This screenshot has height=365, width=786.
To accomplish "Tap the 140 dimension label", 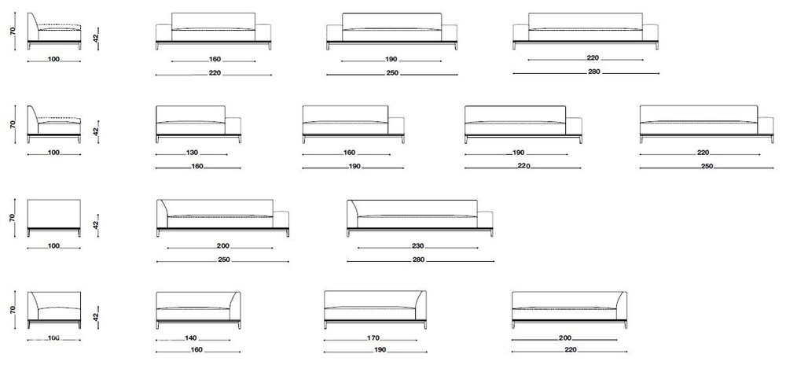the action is click(190, 338).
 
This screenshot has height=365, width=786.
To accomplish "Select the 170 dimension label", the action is click(373, 338).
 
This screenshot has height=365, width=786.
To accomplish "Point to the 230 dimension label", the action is click(418, 246).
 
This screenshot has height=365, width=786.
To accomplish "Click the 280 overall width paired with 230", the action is click(419, 260).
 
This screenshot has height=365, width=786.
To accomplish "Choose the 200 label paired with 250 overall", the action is click(223, 246).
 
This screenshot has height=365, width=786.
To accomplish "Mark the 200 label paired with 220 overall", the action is click(565, 338).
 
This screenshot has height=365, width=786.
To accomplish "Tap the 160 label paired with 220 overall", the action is click(215, 60).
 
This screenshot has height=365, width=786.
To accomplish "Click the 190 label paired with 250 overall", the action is click(391, 60).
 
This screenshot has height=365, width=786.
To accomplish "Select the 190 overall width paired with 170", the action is click(380, 351).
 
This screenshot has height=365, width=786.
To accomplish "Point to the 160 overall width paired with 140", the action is click(197, 351).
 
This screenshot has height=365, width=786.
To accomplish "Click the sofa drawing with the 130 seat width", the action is click(199, 124).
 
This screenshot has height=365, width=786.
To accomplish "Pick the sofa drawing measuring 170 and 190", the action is click(376, 310).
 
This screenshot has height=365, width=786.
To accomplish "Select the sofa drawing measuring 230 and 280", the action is click(420, 218).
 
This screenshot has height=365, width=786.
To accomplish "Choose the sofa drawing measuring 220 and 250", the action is click(707, 124).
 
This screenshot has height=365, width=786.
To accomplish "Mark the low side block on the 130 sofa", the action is click(233, 126).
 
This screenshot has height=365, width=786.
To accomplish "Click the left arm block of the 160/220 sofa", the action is click(163, 32).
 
